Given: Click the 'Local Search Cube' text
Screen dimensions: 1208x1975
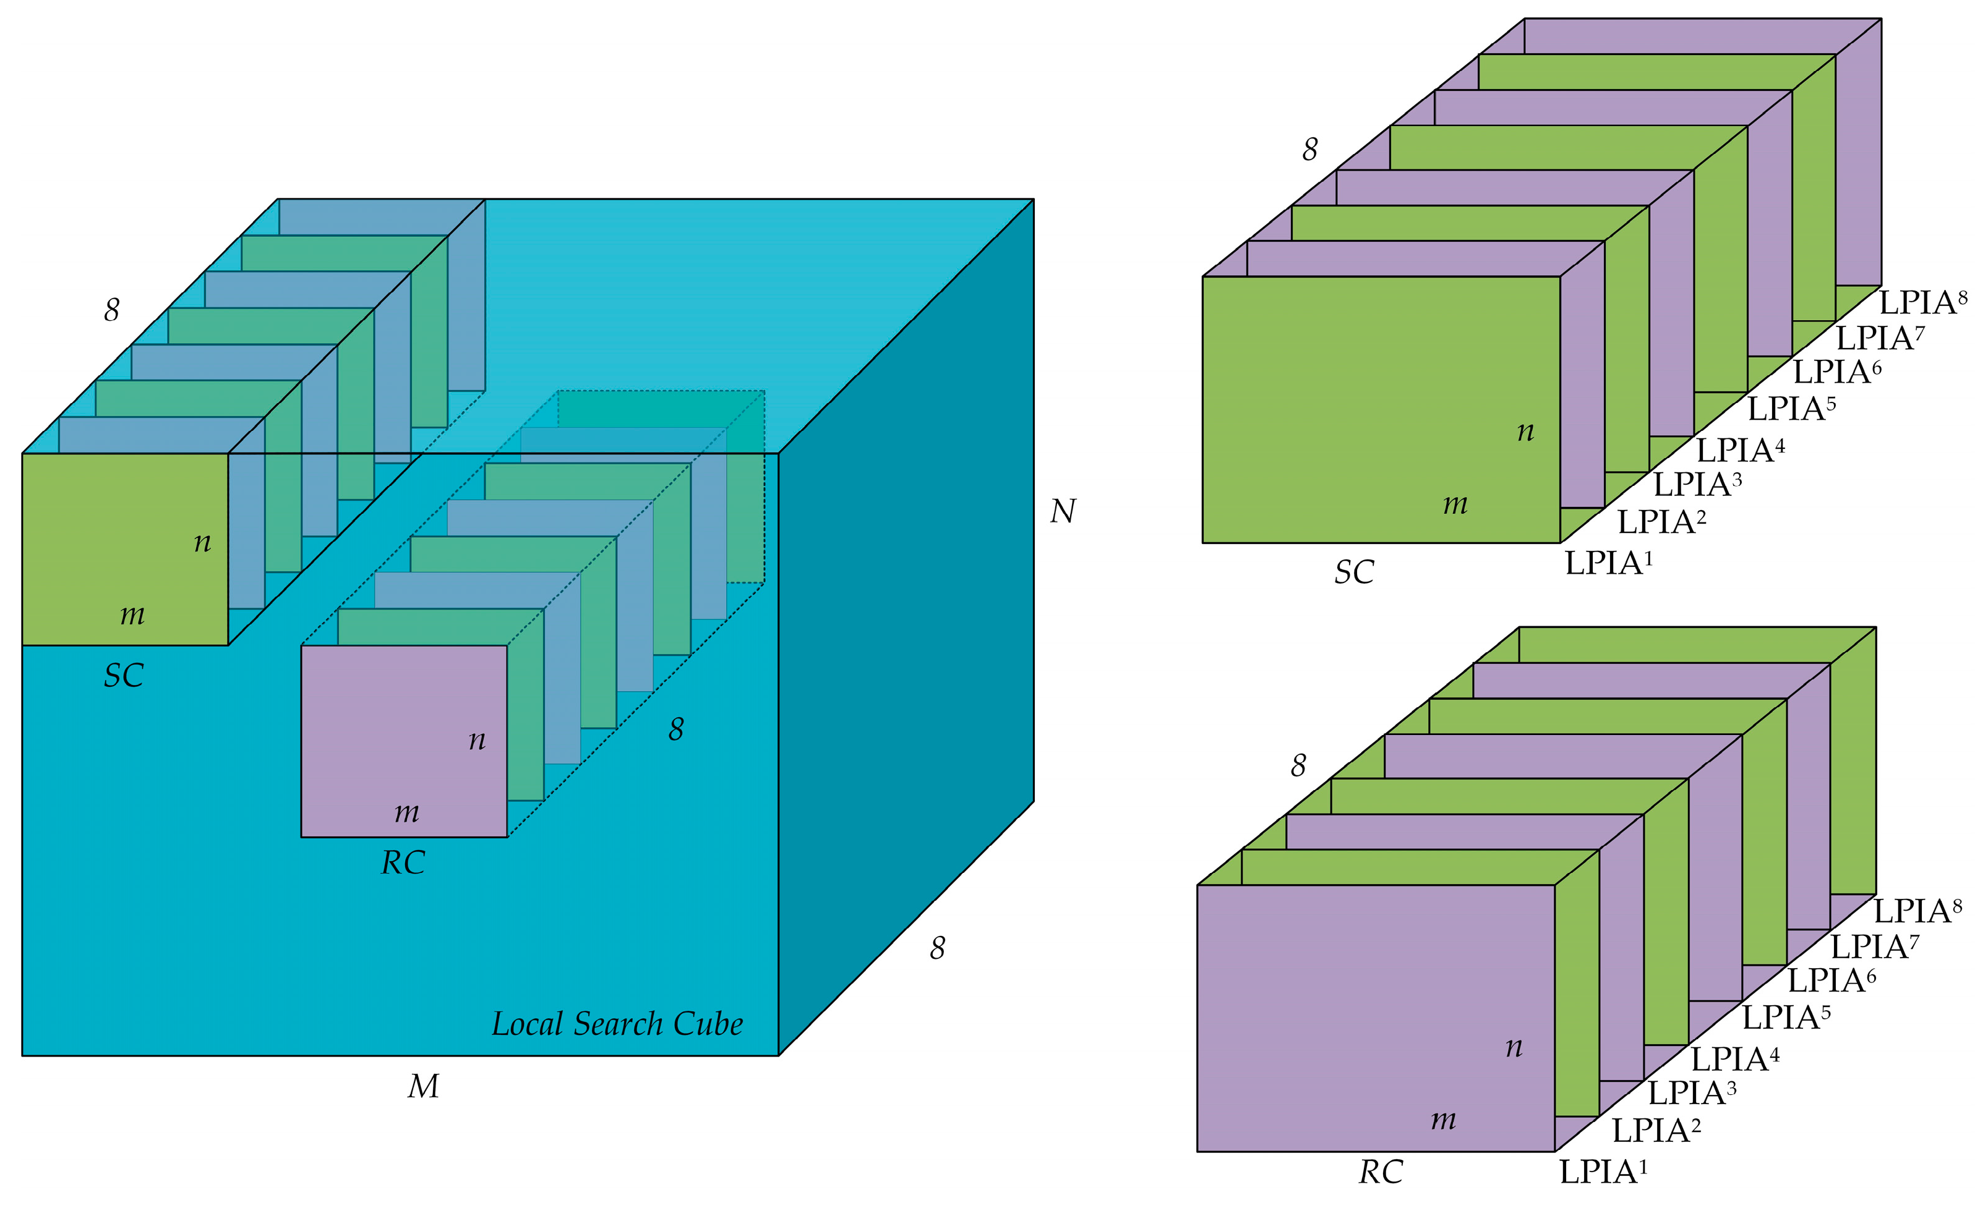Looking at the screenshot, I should pyautogui.click(x=617, y=1024).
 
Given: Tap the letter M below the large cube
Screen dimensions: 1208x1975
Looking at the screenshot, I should pyautogui.click(x=423, y=1087).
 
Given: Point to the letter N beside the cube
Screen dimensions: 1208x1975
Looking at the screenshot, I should pyautogui.click(x=1063, y=511).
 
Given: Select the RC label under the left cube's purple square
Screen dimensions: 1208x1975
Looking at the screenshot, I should pyautogui.click(x=403, y=863).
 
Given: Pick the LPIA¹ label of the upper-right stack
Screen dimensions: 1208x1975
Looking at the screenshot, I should pyautogui.click(x=1608, y=563).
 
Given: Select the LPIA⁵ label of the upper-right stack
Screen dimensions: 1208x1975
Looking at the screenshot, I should pyautogui.click(x=1791, y=409).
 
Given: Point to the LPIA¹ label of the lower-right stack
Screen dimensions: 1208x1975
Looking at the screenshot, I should pyautogui.click(x=1602, y=1172).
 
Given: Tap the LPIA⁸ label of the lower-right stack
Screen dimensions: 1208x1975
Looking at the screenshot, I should pyautogui.click(x=1916, y=911).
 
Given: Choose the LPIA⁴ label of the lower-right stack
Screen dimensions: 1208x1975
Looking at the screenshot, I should pyautogui.click(x=1734, y=1059).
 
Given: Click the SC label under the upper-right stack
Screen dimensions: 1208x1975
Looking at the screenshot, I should pyautogui.click(x=1354, y=572).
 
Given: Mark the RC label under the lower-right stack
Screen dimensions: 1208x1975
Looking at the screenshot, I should pyautogui.click(x=1380, y=1173).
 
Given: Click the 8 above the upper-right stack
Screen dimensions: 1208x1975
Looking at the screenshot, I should pyautogui.click(x=1309, y=150).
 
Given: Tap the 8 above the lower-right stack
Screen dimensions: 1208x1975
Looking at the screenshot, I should pyautogui.click(x=1298, y=766).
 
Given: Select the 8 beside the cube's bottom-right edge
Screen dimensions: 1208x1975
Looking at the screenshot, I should pyautogui.click(x=937, y=948).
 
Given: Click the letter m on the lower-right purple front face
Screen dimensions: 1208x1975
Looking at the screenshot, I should pyautogui.click(x=1443, y=1120).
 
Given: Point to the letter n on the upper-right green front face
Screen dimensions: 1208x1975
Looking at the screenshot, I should pyautogui.click(x=1525, y=432).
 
